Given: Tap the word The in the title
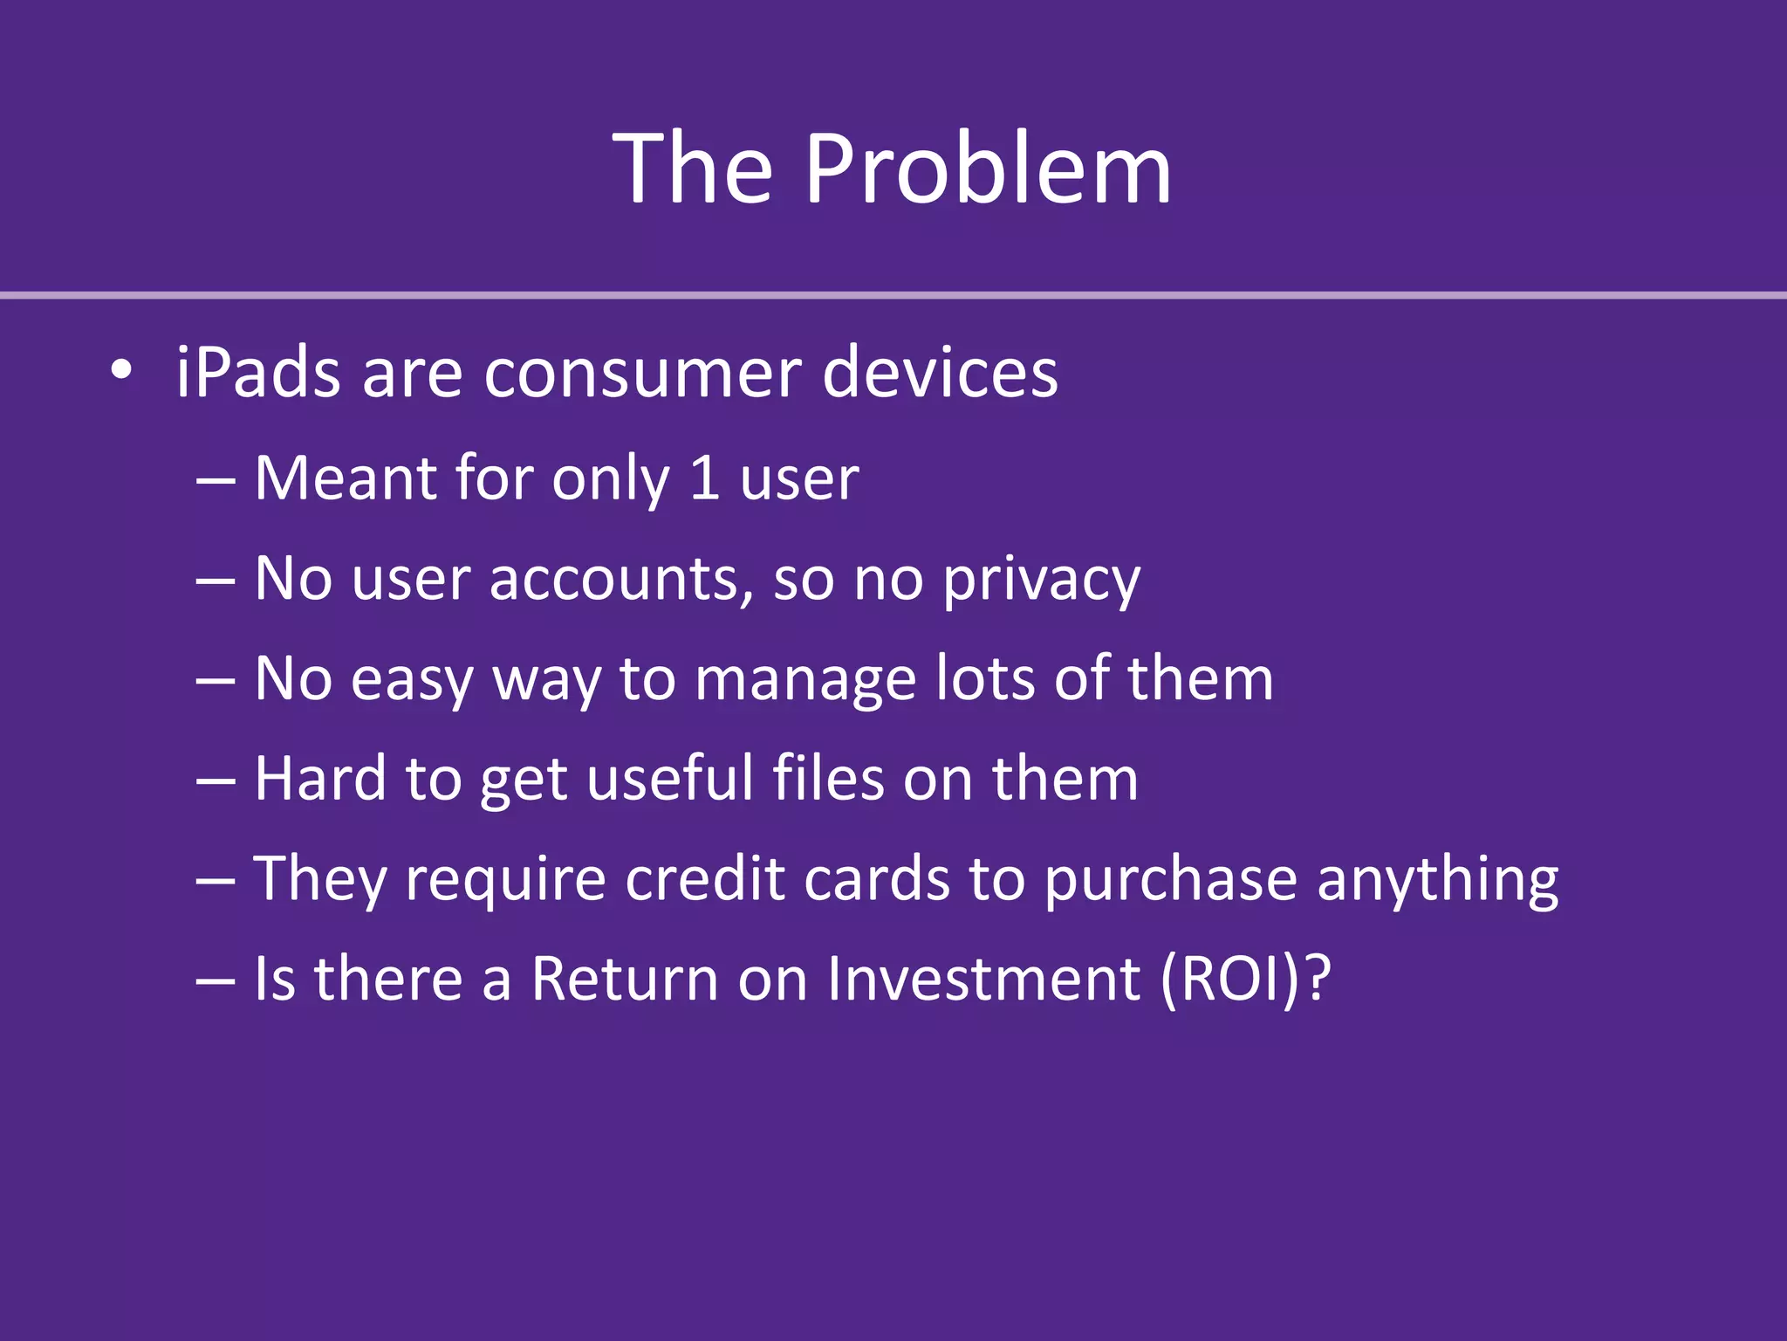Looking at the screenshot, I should click(693, 168).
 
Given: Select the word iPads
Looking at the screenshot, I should click(258, 373).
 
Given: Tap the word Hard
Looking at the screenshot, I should click(320, 778).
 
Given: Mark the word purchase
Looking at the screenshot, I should click(1170, 880).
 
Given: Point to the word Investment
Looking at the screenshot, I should click(983, 979).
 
